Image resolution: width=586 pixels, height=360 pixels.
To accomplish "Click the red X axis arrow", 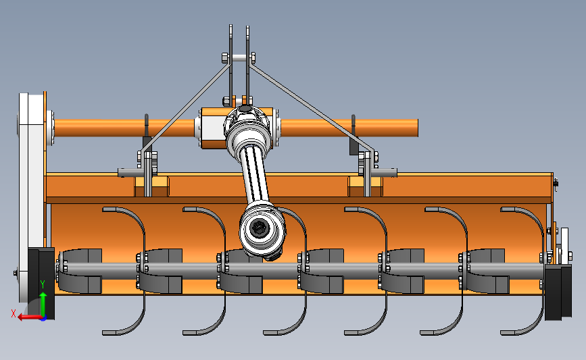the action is point(30,317).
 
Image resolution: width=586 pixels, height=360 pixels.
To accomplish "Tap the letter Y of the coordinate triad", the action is point(43,284).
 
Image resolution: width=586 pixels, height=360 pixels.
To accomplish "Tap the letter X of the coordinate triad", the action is point(14,313).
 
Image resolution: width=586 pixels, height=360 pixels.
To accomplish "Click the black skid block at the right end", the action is point(558,292).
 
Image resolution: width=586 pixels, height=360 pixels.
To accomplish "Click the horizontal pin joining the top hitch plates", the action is point(239,58).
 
